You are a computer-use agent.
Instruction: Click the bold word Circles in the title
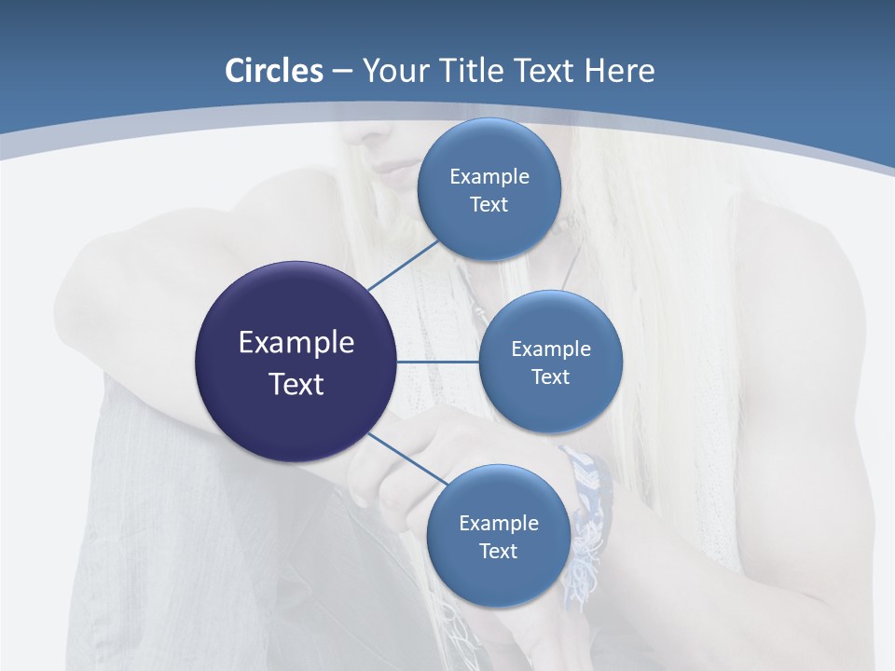pyautogui.click(x=274, y=71)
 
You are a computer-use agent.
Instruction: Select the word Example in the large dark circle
pyautogui.click(x=296, y=343)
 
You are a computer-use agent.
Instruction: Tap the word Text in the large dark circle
pyautogui.click(x=296, y=384)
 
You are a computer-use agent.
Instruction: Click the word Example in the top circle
pyautogui.click(x=489, y=177)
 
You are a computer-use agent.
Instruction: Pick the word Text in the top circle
pyautogui.click(x=489, y=205)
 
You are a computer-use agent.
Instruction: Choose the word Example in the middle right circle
pyautogui.click(x=551, y=349)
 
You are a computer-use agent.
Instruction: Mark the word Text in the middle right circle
pyautogui.click(x=551, y=377)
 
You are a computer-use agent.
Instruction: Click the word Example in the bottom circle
pyautogui.click(x=499, y=524)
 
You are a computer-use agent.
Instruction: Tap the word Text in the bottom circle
pyautogui.click(x=499, y=552)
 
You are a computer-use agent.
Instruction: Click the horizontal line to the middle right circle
pyautogui.click(x=438, y=362)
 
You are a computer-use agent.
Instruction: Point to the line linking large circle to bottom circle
pyautogui.click(x=407, y=459)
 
